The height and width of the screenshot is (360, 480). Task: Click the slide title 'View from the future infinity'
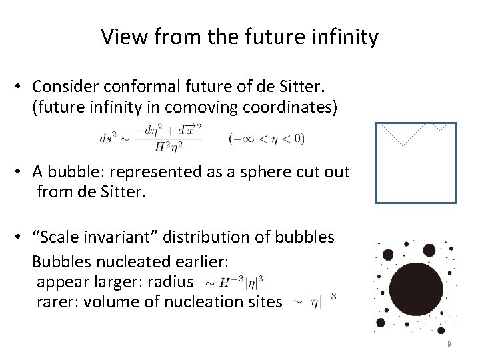pos(240,37)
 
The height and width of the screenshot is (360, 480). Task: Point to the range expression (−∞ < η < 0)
pos(266,139)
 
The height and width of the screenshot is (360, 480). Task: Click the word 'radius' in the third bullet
pos(171,283)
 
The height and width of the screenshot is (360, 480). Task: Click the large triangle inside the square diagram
pos(401,132)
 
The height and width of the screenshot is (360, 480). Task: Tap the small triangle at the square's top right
pos(441,126)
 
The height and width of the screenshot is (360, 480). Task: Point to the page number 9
pos(449,344)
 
